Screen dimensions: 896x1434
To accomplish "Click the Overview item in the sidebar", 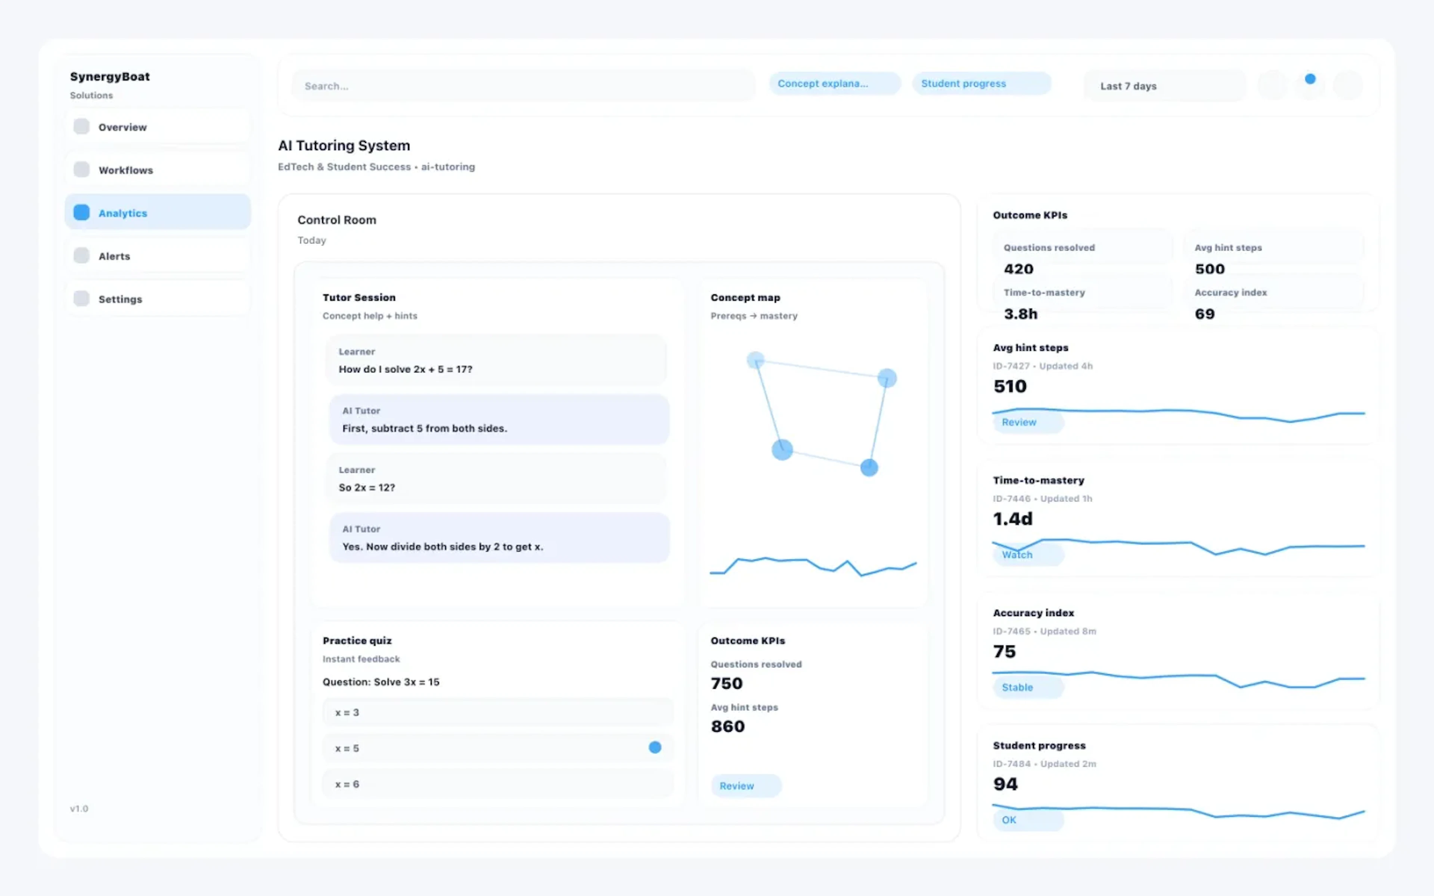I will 156,127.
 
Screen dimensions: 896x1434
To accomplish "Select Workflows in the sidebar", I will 156,170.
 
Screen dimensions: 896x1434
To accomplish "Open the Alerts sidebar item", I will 156,256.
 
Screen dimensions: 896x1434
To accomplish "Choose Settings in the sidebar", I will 156,299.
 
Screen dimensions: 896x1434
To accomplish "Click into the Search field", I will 521,86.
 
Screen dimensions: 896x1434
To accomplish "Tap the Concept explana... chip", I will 834,84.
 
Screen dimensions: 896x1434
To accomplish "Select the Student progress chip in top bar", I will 981,84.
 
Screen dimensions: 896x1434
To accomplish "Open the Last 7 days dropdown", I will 1164,86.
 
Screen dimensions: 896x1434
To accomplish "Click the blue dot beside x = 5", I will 655,748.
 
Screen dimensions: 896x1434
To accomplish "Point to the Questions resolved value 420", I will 1019,269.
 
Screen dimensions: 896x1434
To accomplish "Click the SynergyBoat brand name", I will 110,77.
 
